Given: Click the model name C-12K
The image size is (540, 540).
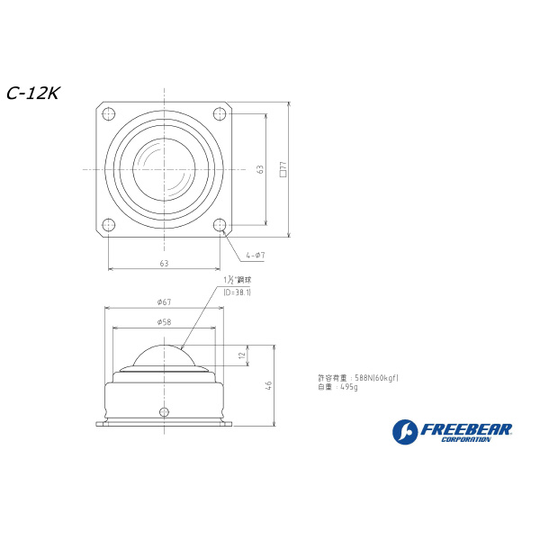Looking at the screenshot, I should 32,94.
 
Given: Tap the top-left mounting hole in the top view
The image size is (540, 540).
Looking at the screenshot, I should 108,113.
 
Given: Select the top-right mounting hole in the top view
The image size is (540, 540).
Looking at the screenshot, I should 220,113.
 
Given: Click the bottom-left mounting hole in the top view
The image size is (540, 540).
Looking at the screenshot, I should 108,225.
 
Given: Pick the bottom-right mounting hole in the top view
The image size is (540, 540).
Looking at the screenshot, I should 220,225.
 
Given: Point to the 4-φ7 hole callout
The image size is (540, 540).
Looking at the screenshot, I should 255,256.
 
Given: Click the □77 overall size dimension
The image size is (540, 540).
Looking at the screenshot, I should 283,169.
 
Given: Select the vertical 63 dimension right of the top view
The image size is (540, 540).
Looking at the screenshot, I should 260,169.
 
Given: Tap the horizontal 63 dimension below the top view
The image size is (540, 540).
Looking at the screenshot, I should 164,263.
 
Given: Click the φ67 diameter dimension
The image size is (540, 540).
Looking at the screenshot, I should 164,301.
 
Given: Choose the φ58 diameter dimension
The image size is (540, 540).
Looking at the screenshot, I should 164,321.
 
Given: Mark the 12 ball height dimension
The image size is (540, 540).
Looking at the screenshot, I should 241,355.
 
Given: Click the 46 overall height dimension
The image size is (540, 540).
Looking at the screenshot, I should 268,384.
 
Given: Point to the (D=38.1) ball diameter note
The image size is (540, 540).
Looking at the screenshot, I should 237,292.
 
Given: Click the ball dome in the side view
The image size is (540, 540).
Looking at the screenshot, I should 163,355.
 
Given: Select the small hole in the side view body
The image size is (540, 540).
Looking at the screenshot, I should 163,412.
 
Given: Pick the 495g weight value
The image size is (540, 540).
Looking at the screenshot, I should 349,387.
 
